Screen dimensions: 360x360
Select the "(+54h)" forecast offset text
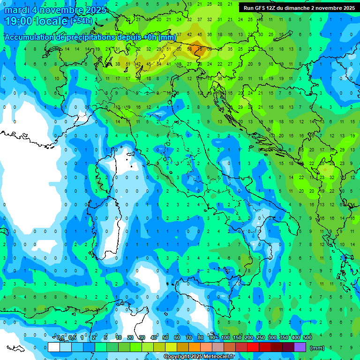click(82, 21)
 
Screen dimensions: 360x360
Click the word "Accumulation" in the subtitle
click(28, 37)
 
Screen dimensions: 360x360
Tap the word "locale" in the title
click(51, 21)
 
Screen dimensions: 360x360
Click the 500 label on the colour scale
click(307, 338)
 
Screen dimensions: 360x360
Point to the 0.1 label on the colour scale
click(60, 338)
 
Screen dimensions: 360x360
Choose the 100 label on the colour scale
click(225, 338)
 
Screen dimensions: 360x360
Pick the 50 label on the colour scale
click(165, 338)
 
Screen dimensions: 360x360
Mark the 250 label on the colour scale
click(261, 338)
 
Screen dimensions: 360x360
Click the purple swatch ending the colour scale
click(300, 347)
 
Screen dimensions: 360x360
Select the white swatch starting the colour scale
click(54, 347)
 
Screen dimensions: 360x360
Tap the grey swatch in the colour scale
click(218, 347)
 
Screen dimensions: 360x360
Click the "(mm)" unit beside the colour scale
click(317, 348)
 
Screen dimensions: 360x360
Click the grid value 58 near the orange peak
click(190, 48)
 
